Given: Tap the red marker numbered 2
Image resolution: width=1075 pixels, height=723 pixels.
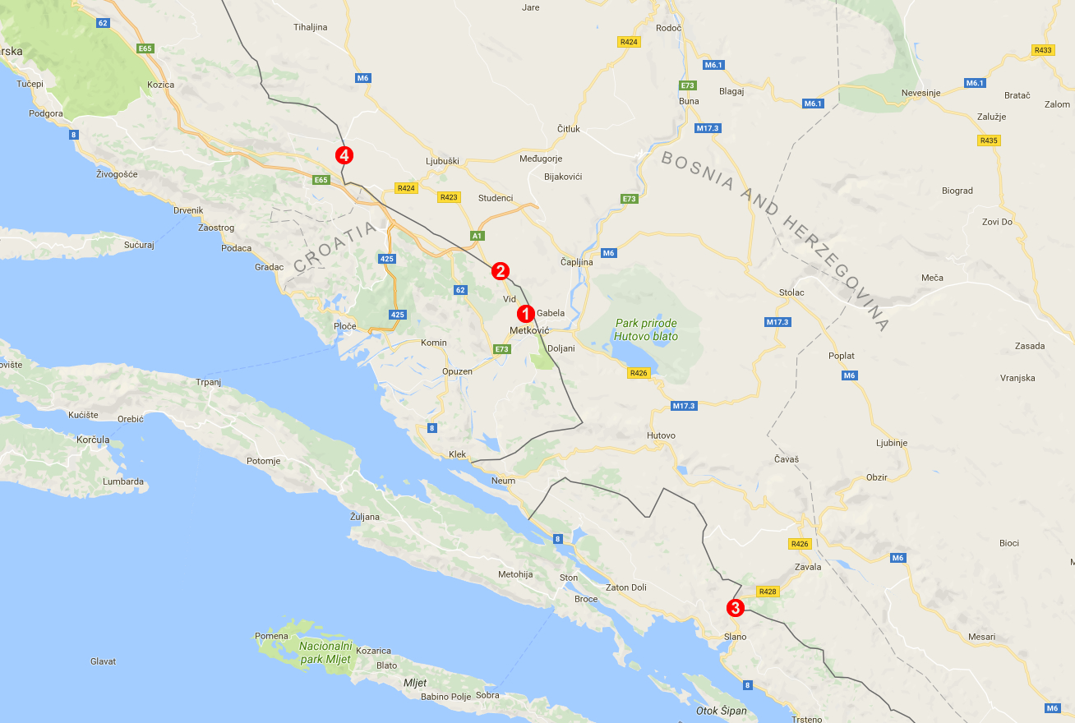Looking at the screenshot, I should coord(501,271).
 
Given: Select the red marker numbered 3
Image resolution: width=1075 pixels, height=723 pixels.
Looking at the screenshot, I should coord(735,608).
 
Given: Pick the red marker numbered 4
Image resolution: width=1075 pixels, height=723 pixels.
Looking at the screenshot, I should coord(344,154).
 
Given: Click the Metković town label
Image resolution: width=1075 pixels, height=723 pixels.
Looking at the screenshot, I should coord(529,330).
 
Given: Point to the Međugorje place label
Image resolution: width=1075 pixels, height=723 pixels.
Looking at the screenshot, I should coord(541,159).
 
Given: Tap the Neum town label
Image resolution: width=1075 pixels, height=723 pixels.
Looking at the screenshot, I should coord(503,481).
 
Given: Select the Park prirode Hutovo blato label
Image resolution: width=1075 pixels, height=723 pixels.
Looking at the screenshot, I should coord(646,329).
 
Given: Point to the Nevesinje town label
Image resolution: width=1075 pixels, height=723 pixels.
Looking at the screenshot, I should coord(920,93).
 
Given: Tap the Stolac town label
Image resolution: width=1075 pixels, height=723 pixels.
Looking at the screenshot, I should coord(791,292).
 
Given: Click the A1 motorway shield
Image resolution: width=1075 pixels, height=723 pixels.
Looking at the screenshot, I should coord(477,237).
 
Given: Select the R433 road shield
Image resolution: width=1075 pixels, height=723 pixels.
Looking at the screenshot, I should coord(1043,50).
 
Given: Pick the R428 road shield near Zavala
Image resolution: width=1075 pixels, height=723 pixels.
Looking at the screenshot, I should coord(768,592).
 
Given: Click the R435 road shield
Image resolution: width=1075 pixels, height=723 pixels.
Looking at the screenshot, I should coord(989,140).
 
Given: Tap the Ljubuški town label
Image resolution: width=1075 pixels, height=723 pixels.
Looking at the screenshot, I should coord(442,161).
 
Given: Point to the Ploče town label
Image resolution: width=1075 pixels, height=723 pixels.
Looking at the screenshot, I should coord(345,326).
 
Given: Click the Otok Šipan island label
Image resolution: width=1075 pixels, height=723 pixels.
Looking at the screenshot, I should coord(722,711).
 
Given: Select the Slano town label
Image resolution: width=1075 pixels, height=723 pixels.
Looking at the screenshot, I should coord(735,637).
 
